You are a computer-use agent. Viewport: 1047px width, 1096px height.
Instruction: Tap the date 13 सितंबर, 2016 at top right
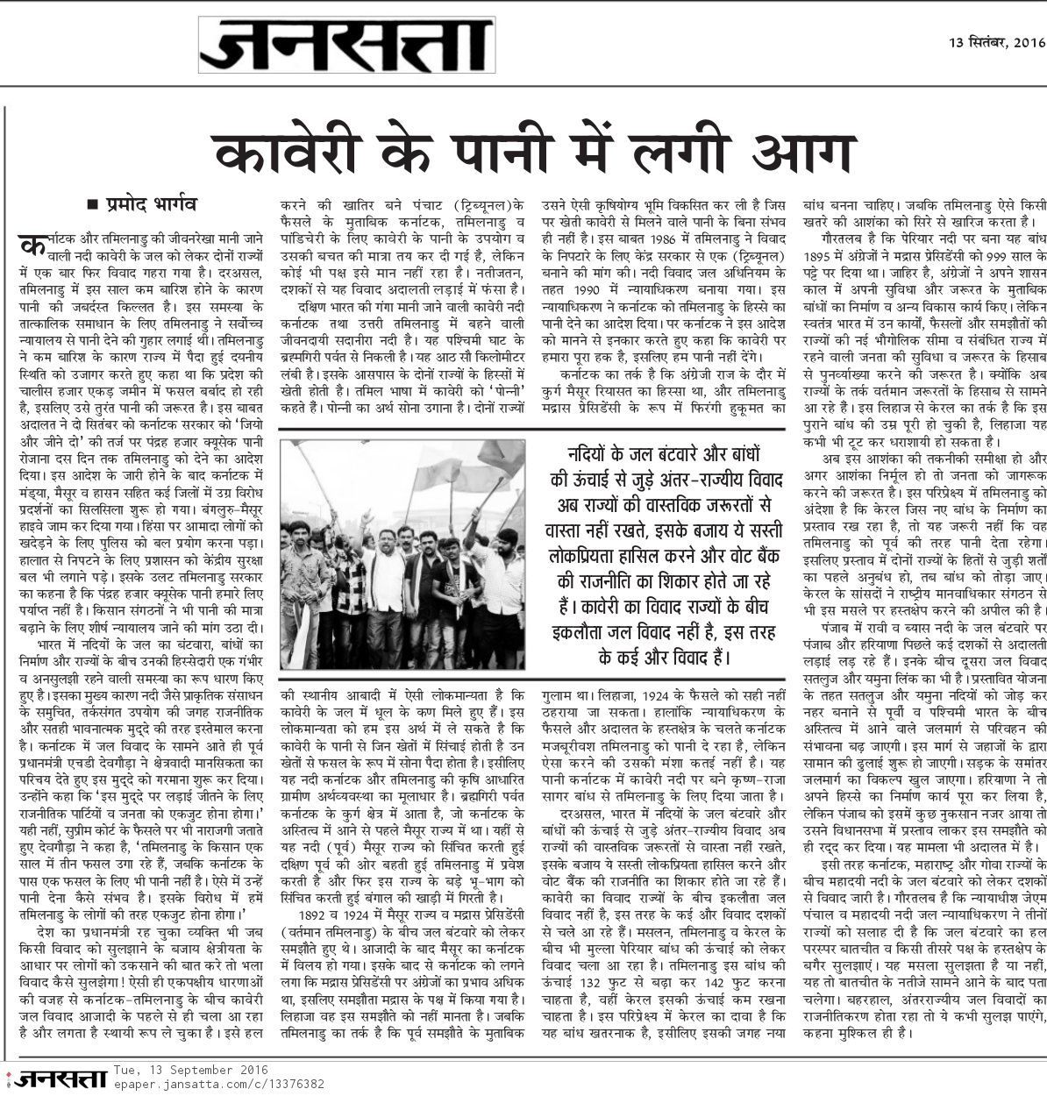997,41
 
